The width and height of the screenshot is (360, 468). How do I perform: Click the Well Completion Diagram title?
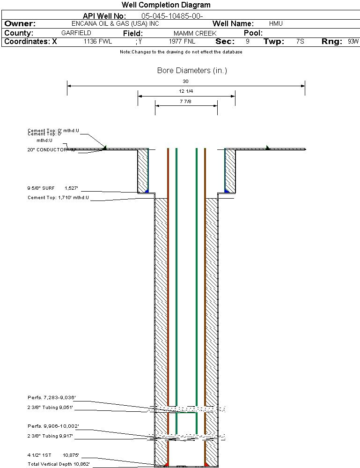tap(166, 5)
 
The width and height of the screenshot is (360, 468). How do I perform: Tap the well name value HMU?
tap(276, 23)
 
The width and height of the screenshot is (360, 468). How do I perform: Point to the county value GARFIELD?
tap(76, 33)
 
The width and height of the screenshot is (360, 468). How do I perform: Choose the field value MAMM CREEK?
tap(195, 34)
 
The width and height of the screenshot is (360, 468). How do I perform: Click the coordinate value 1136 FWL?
tap(98, 42)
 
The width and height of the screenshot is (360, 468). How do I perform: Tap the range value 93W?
tap(353, 42)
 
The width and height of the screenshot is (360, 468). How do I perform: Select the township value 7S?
tap(300, 42)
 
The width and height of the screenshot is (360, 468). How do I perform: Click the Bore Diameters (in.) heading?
tap(192, 71)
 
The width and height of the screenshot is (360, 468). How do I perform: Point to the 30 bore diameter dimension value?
tap(185, 82)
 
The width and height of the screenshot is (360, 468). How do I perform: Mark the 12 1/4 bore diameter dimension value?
tap(186, 91)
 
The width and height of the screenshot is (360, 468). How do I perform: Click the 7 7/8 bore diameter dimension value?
tap(186, 101)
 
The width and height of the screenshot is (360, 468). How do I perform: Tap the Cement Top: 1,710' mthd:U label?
tap(58, 198)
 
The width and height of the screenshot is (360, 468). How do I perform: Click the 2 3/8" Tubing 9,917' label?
tap(50, 436)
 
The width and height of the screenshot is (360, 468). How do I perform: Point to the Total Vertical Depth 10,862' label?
tap(59, 464)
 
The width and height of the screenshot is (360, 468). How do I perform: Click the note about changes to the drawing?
tap(181, 52)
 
